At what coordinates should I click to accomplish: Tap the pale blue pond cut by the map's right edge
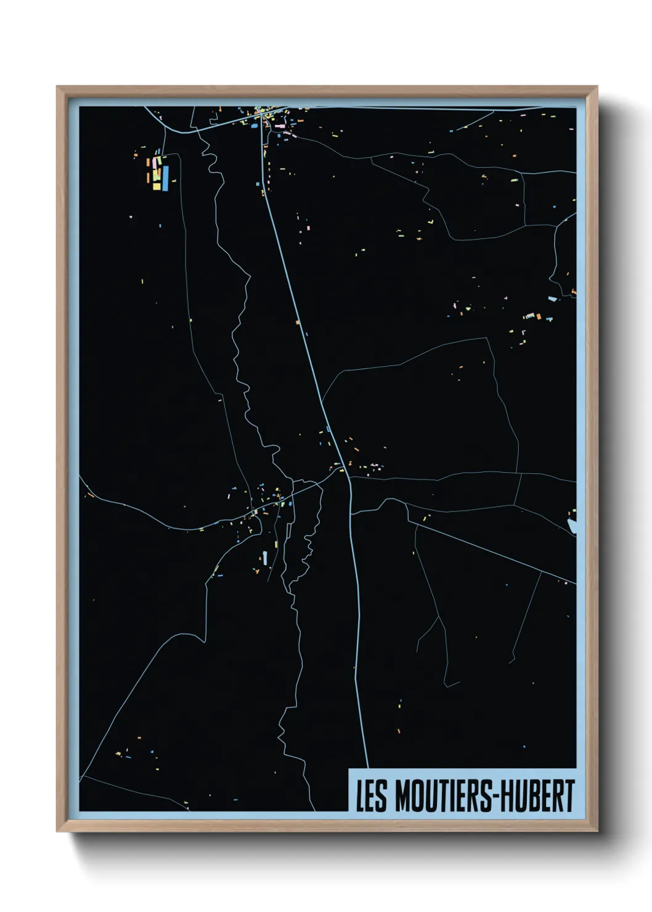571,526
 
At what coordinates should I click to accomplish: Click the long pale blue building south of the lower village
265,558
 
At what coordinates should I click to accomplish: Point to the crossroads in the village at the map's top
264,118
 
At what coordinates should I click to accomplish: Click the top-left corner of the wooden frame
57,87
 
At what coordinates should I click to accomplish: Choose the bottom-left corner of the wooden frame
57,831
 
